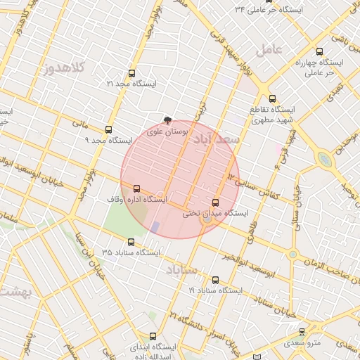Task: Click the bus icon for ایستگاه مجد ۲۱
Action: (131, 73)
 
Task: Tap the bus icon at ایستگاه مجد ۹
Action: (108, 129)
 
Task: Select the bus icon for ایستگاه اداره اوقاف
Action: (136, 188)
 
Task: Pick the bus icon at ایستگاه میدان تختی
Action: (215, 202)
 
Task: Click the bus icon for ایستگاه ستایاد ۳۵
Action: (131, 242)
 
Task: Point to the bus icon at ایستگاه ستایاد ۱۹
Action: (215, 280)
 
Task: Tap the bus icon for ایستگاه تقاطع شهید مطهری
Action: (273, 99)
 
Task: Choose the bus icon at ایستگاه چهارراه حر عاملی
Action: (320, 51)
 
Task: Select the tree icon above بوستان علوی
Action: (167, 121)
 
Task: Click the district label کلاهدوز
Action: (64, 68)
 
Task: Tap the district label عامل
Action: (269, 49)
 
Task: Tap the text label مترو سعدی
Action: (302, 343)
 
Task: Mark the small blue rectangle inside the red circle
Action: (155, 227)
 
